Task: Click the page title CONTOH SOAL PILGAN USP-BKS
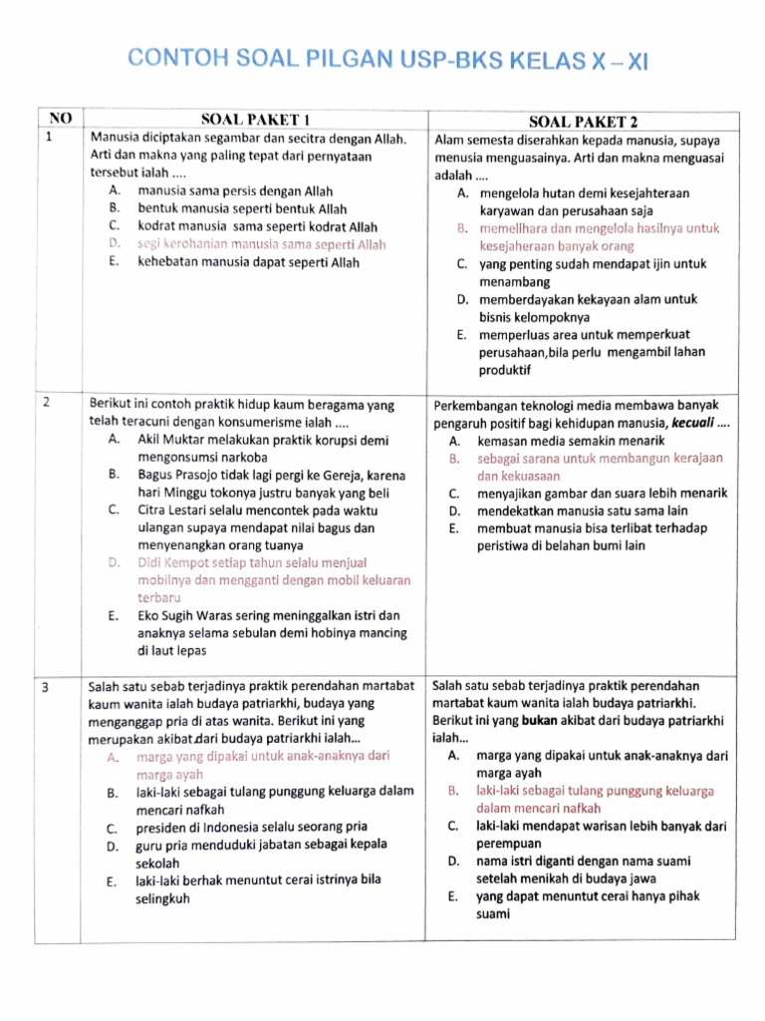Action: [388, 62]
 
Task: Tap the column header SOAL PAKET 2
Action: [584, 121]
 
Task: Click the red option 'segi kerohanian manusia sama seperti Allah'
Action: [261, 244]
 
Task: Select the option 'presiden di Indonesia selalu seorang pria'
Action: [252, 827]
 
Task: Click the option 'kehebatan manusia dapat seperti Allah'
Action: [248, 262]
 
